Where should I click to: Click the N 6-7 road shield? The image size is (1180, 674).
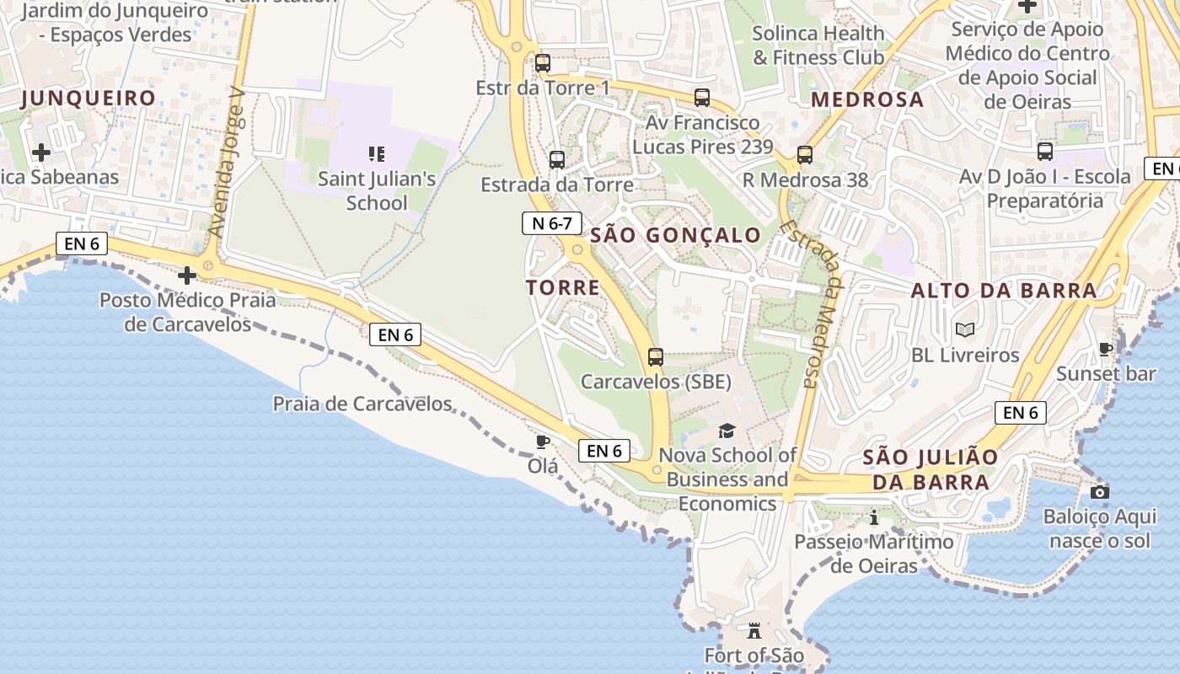pyautogui.click(x=552, y=223)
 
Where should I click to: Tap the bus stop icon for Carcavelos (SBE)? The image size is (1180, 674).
pyautogui.click(x=656, y=357)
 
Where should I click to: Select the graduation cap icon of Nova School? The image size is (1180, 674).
pyautogui.click(x=727, y=431)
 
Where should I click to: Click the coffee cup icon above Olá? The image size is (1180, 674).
pyautogui.click(x=543, y=441)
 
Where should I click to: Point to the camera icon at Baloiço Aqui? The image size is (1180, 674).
pyautogui.click(x=1099, y=492)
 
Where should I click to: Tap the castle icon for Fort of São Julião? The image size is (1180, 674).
pyautogui.click(x=754, y=630)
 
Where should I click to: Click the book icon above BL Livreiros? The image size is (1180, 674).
pyautogui.click(x=964, y=330)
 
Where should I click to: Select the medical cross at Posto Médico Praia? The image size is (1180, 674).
pyautogui.click(x=187, y=275)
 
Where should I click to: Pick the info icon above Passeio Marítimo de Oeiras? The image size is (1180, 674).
pyautogui.click(x=874, y=517)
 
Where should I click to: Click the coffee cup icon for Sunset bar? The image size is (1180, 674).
pyautogui.click(x=1106, y=349)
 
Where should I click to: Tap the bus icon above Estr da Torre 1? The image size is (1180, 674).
pyautogui.click(x=543, y=63)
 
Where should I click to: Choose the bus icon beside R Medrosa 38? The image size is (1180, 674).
pyautogui.click(x=805, y=155)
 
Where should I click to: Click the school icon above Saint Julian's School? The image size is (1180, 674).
pyautogui.click(x=377, y=153)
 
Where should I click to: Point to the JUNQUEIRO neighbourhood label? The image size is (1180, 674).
pyautogui.click(x=88, y=99)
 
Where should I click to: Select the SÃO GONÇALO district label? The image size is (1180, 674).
pyautogui.click(x=675, y=235)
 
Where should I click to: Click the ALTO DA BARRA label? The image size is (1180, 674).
pyautogui.click(x=1004, y=291)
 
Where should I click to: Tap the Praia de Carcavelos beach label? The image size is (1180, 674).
pyautogui.click(x=362, y=404)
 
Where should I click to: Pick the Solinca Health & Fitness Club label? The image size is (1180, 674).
pyautogui.click(x=818, y=45)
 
